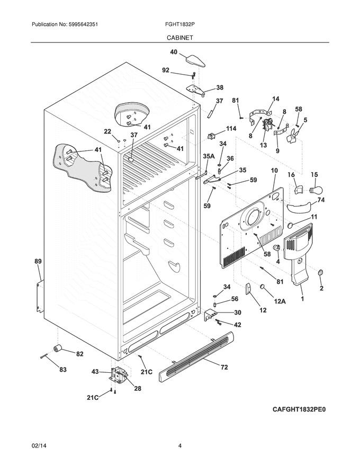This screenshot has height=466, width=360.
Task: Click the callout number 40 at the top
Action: (x=174, y=52)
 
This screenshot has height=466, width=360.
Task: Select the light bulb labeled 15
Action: (x=316, y=189)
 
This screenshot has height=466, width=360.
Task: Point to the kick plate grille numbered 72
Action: (x=196, y=356)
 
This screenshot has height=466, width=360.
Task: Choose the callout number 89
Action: (x=38, y=262)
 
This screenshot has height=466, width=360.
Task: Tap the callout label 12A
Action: (x=280, y=302)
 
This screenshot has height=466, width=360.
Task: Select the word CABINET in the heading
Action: (x=179, y=38)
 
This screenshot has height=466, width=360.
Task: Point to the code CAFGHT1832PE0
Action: (x=299, y=409)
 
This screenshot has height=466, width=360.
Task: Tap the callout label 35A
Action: (x=209, y=156)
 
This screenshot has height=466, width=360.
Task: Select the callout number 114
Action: (x=231, y=128)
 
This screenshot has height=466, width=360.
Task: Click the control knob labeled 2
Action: (x=320, y=272)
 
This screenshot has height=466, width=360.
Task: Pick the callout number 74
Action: (x=321, y=200)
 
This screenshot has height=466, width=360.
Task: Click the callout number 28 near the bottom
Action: (x=138, y=388)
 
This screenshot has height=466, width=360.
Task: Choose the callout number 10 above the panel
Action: (x=274, y=171)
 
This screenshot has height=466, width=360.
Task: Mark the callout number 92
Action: (x=166, y=70)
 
